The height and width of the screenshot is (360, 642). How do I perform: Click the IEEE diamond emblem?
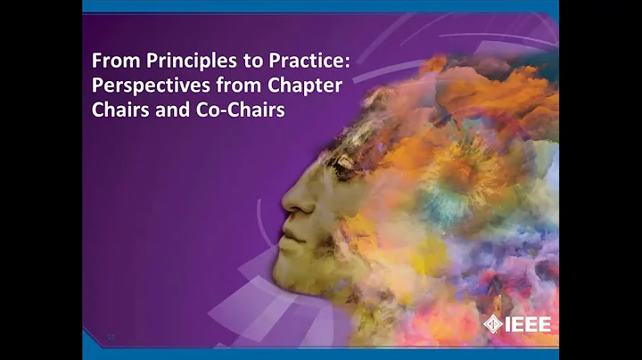[x=492, y=324]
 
